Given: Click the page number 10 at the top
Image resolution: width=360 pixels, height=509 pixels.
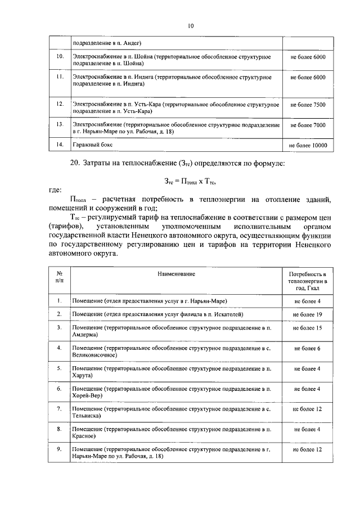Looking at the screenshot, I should [191, 25].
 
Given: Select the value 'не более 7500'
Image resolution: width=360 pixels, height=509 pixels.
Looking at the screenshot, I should [308, 105].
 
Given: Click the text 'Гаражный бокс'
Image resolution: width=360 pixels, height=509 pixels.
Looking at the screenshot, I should [93, 145].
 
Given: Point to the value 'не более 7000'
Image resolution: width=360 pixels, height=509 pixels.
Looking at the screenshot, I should [308, 124].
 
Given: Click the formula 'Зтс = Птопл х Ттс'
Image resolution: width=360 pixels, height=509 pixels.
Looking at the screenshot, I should [190, 181].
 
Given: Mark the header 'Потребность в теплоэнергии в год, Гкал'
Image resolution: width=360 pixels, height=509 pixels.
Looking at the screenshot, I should [308, 280].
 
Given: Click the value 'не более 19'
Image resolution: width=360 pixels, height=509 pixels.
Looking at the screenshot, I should [308, 314].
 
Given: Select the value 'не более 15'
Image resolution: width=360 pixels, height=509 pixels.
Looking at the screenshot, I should [308, 327].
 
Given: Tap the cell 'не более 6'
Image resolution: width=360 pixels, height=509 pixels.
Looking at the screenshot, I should [308, 349].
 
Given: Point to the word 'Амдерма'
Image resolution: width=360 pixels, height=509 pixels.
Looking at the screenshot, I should [86, 334].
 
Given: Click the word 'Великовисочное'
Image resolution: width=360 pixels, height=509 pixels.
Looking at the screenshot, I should [94, 355].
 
